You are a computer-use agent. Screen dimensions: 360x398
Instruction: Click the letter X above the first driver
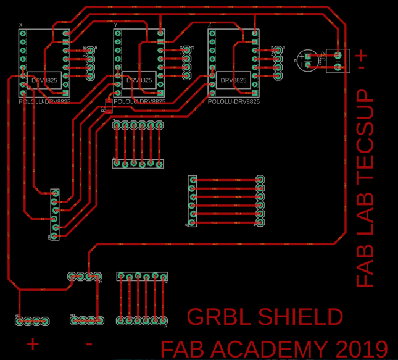click(21, 25)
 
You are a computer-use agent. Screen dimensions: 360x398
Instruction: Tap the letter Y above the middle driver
click(115, 25)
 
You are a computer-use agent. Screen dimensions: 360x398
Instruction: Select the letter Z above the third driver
click(210, 25)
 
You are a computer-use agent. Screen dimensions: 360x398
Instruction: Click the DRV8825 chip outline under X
click(44, 80)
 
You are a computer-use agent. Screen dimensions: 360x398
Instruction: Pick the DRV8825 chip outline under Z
click(233, 80)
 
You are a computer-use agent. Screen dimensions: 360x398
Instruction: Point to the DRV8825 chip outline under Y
click(139, 80)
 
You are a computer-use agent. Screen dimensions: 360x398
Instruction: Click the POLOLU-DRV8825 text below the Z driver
click(234, 101)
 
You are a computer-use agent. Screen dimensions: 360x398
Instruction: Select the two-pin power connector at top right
click(338, 61)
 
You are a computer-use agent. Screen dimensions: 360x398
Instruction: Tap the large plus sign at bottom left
click(32, 343)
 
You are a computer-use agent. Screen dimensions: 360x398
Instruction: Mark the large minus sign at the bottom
click(89, 343)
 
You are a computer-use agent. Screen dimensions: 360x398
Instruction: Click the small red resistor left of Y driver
click(109, 106)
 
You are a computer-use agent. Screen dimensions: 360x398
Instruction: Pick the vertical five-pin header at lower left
click(55, 215)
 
